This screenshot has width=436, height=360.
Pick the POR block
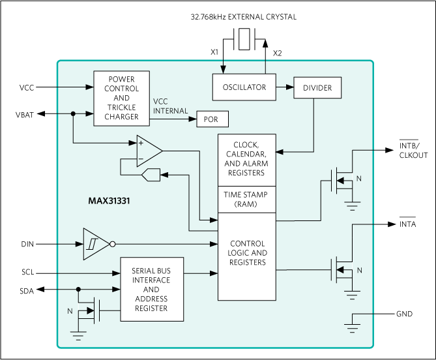211,120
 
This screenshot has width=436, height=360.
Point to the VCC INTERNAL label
170,106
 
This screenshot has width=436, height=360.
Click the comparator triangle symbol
149,151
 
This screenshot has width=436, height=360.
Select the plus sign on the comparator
141,143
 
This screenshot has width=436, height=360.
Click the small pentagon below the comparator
150,174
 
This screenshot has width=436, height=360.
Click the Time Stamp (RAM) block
246,199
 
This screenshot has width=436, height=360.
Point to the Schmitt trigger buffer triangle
94,245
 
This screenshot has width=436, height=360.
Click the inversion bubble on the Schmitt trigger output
113,245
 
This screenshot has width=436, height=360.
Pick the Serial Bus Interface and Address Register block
151,290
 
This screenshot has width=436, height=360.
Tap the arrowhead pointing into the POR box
194,120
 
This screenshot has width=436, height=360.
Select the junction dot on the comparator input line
73,114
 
